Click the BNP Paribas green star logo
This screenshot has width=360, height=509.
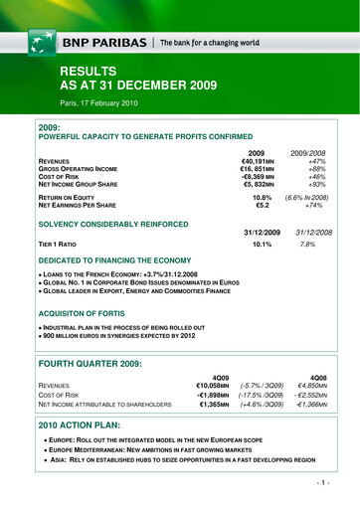[41, 43]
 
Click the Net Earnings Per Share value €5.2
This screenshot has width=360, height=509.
[264, 207]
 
